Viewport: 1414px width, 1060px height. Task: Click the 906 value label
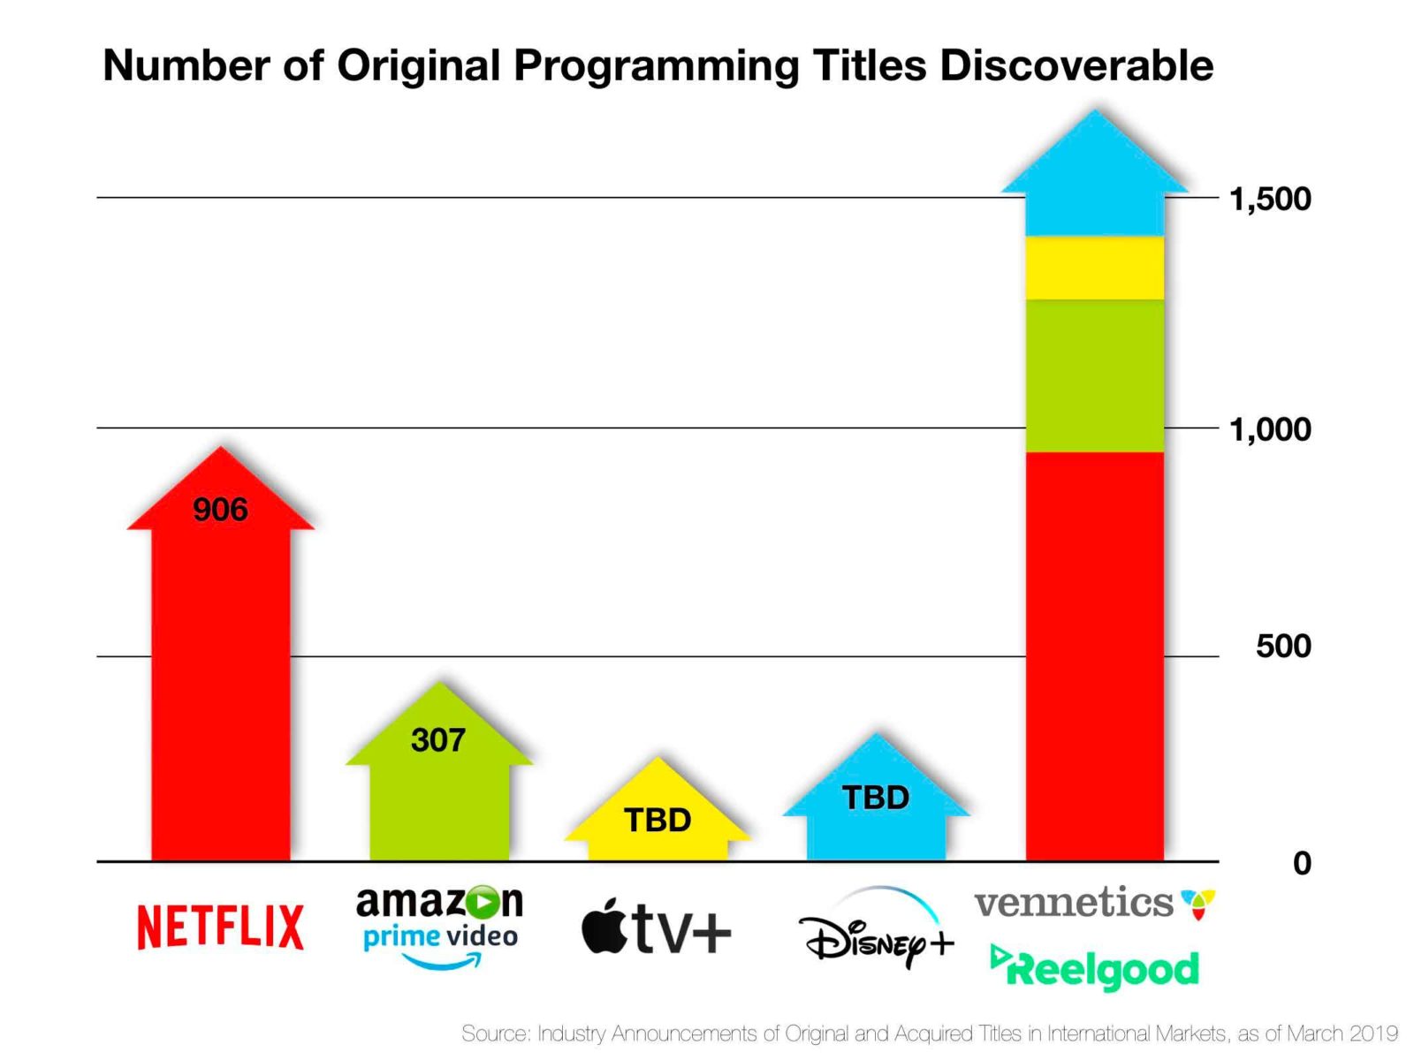pos(220,510)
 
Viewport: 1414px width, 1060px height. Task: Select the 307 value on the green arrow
pos(437,740)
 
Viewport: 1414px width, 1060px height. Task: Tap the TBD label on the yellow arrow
pos(658,820)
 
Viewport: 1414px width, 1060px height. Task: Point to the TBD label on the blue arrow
pos(876,798)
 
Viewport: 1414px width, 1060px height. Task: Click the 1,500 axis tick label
pos(1270,199)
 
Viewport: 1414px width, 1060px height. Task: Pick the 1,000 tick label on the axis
pos(1270,429)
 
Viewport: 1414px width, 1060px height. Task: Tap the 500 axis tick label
pos(1283,646)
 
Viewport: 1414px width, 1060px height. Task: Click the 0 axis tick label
pos(1302,863)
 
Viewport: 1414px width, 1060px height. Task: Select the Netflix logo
pos(220,927)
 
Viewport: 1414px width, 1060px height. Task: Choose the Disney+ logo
pos(876,932)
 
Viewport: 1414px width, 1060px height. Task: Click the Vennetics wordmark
pos(1074,903)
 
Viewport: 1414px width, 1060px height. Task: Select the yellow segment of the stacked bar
pos(1094,268)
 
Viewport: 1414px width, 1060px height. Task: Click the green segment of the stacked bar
pos(1094,375)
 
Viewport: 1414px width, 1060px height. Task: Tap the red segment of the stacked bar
pos(1094,654)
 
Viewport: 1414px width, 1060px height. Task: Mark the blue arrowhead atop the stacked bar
pos(1094,177)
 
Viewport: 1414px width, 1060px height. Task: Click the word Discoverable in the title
pos(1076,65)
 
